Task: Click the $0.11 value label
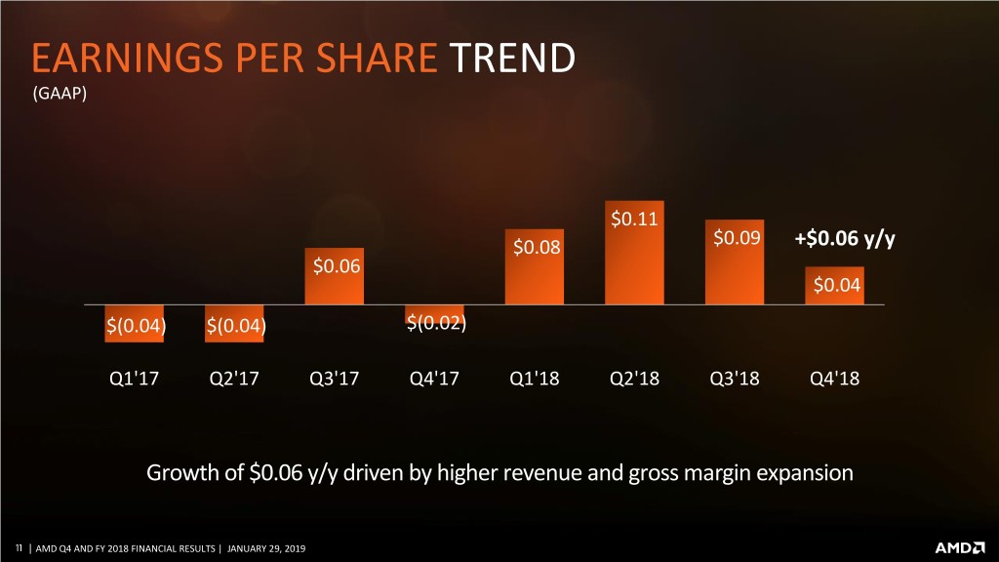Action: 633,218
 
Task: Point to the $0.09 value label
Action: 737,237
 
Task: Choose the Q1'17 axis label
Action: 136,379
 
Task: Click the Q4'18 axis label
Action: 835,379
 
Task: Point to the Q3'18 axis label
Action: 735,379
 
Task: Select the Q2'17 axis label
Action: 235,379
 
